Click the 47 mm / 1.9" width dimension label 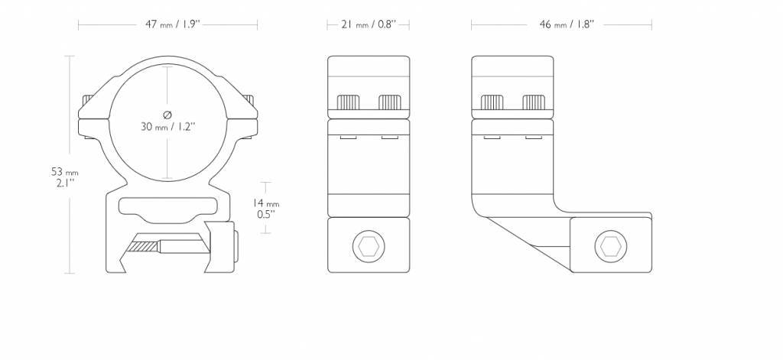coord(172,24)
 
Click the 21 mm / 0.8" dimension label coord(369,24)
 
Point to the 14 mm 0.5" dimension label coord(266,209)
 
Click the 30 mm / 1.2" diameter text coord(167,127)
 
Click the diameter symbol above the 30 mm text coord(167,115)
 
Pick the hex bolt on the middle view coord(369,246)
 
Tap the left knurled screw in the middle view coord(349,102)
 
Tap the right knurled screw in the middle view coord(390,102)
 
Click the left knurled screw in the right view coord(492,102)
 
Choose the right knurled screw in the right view coord(533,102)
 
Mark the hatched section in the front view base coord(143,247)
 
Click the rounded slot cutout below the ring coord(167,206)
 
